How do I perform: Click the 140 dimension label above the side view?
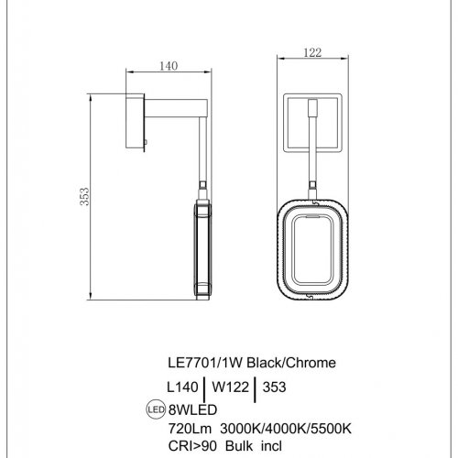pyautogui.click(x=168, y=66)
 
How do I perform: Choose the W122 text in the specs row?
pyautogui.click(x=231, y=387)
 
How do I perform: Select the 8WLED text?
pyautogui.click(x=190, y=409)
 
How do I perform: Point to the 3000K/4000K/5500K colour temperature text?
pyautogui.click(x=275, y=427)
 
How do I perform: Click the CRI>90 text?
pyautogui.click(x=190, y=444)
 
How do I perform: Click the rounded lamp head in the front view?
pyautogui.click(x=312, y=248)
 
